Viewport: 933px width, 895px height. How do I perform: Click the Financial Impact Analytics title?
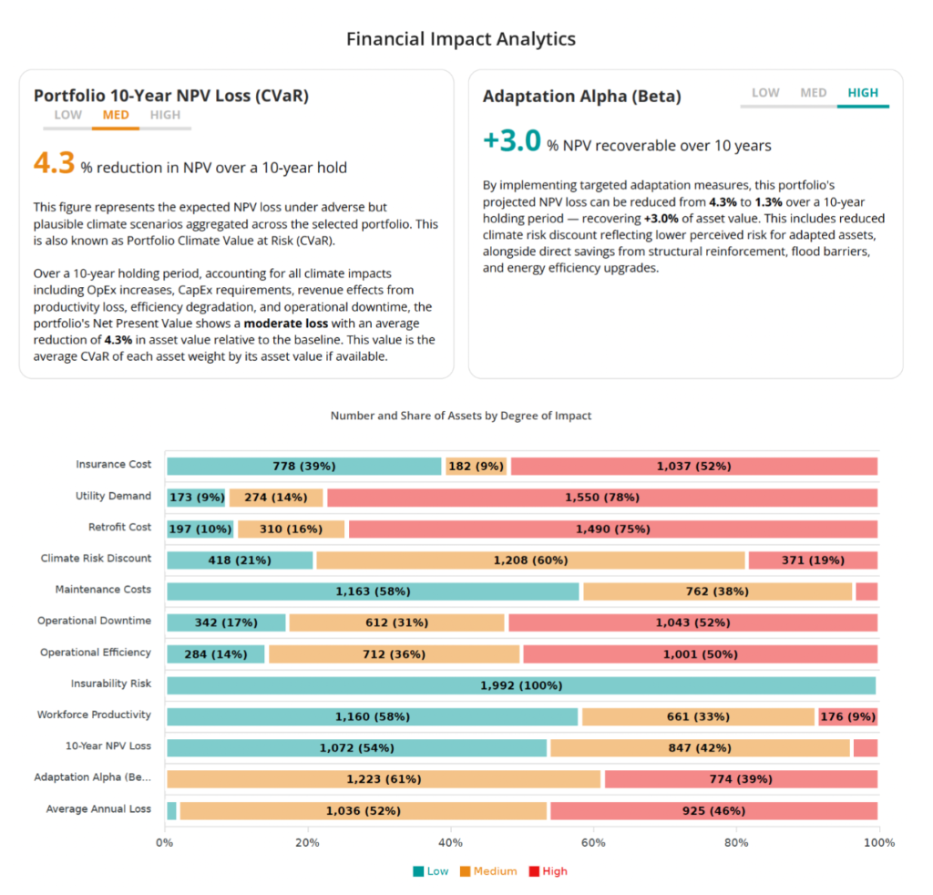pos(460,39)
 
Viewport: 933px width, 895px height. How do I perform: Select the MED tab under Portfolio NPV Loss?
pos(116,115)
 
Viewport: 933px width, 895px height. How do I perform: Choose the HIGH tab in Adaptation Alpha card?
pos(863,93)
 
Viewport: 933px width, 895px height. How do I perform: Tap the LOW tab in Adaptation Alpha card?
pos(765,93)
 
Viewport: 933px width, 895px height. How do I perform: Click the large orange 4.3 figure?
pos(54,163)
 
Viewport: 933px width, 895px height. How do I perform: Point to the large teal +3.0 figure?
pos(512,141)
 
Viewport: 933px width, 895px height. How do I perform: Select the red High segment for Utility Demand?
pos(602,498)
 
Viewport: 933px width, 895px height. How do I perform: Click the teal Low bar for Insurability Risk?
pos(521,685)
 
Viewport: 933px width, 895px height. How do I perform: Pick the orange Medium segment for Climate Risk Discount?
pos(530,560)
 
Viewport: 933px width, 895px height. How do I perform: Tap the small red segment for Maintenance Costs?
pos(866,592)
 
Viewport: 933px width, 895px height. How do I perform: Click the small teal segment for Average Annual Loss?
pos(172,810)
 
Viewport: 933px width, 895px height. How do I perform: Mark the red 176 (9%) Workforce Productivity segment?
pos(848,716)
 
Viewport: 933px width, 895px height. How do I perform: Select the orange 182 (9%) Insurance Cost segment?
pos(476,466)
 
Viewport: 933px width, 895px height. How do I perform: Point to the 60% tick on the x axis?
pos(593,843)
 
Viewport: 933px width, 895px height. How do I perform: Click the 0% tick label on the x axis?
pos(164,843)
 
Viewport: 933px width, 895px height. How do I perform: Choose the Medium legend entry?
pos(488,871)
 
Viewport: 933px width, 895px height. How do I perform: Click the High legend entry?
pos(548,871)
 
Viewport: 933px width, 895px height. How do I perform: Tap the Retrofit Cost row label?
pos(119,527)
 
